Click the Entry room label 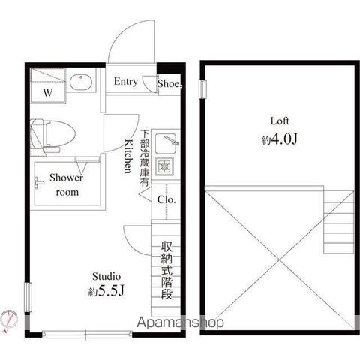tap(126, 82)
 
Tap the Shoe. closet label tap(169, 84)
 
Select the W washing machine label tap(48, 93)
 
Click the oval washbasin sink tap(81, 82)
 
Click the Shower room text tap(67, 185)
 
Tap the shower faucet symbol tap(38, 183)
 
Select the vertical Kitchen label tap(128, 157)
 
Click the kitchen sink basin tap(166, 143)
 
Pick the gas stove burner tap(164, 166)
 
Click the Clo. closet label tap(166, 199)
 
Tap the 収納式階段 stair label tap(166, 270)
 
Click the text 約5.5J tap(106, 290)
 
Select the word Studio tap(106, 276)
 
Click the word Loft tap(280, 121)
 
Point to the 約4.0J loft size tap(280, 139)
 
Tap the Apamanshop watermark tap(180, 322)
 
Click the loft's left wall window tap(202, 89)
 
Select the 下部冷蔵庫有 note tap(145, 157)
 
